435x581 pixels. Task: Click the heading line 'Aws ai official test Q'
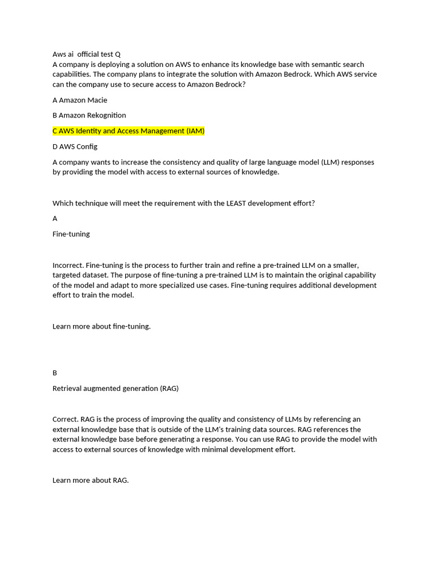point(87,54)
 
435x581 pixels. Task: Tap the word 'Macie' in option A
point(97,100)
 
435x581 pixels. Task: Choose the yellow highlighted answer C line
point(129,131)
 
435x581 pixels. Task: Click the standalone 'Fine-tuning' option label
point(71,234)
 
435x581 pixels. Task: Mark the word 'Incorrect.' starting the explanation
point(68,265)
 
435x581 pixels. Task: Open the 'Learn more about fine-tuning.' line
point(101,326)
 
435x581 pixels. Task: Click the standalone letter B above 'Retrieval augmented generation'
point(55,373)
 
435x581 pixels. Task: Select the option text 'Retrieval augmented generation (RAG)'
point(116,389)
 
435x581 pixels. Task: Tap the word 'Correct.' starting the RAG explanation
point(66,419)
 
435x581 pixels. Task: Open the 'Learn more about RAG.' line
point(91,480)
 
